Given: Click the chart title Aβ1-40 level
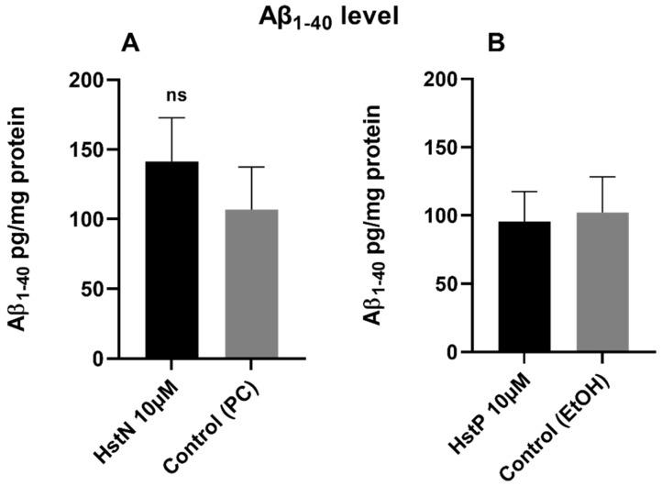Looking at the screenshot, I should click(332, 16).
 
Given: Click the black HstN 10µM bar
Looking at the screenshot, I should click(171, 260).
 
